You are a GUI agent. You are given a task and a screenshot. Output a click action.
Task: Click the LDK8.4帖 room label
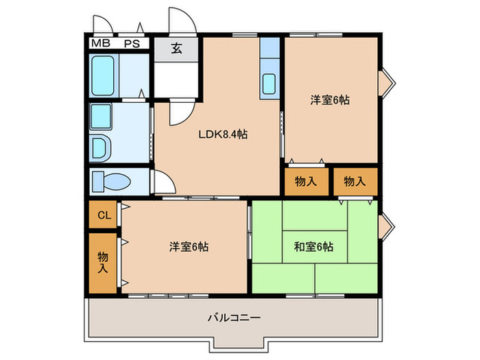click(x=223, y=135)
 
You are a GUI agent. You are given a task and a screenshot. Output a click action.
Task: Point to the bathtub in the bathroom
click(x=105, y=76)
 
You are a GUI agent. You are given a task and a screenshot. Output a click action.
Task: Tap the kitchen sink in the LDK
click(x=269, y=83)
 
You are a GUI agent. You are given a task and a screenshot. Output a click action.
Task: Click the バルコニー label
click(x=234, y=318)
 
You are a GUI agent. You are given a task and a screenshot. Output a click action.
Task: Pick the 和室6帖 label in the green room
click(x=315, y=246)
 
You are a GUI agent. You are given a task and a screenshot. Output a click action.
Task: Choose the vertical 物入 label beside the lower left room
click(x=104, y=262)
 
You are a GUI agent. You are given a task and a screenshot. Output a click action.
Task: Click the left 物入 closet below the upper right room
click(x=306, y=182)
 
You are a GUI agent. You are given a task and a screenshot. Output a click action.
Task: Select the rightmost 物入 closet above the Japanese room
click(x=354, y=182)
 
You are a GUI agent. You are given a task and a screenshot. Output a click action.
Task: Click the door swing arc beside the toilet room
click(x=162, y=182)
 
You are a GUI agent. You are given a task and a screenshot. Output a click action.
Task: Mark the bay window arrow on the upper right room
click(x=386, y=81)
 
